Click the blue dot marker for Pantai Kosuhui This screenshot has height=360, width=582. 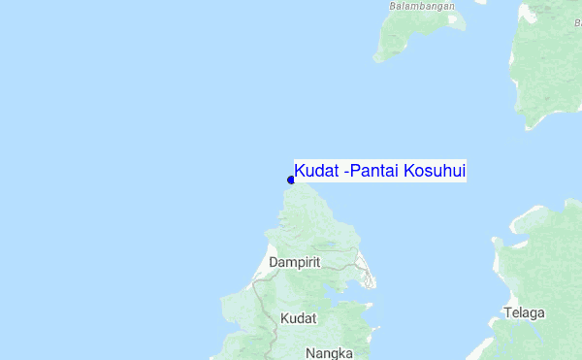[x=291, y=180]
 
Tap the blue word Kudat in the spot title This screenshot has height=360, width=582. [x=316, y=172]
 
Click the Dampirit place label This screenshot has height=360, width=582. [x=296, y=263]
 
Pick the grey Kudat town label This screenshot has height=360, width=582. [x=298, y=318]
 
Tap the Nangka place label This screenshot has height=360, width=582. [x=329, y=353]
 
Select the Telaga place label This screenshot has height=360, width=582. [x=525, y=313]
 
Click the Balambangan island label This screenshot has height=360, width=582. [x=422, y=6]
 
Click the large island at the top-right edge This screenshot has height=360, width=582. [x=548, y=68]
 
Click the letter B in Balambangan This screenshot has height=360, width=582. [x=393, y=6]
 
